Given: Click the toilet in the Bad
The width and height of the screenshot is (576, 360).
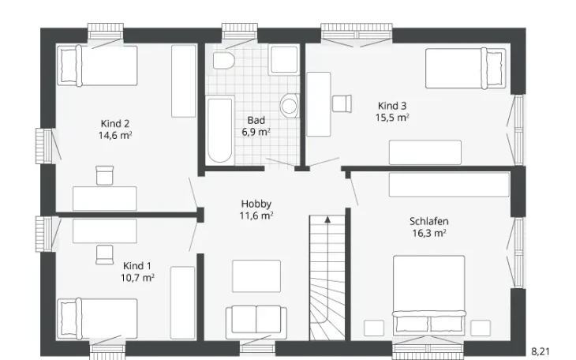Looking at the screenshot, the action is coord(224,60).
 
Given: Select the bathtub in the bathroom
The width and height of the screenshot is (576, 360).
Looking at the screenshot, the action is coord(219,129).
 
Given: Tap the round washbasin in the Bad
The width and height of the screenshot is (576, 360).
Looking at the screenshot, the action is coord(290,107).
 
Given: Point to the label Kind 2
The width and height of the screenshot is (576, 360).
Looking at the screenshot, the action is coord(115,124).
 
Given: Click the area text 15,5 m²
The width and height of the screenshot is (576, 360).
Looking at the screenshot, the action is coord(392,118).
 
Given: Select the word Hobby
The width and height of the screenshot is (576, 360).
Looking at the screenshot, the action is coord(256,204).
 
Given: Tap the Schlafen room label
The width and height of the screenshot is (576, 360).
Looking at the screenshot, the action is coord(429,221).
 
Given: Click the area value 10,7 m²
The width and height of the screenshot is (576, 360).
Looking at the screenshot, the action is coord(137,278).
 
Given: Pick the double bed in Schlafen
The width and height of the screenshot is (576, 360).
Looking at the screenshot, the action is coord(428,295).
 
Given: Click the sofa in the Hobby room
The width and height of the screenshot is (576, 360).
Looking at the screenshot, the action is coord(256,322).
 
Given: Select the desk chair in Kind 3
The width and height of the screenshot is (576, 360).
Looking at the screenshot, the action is coord(342,103).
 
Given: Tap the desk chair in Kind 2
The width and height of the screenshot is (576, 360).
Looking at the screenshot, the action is coord(105,175).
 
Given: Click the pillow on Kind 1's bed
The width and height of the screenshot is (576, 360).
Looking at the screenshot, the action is coord(68,318).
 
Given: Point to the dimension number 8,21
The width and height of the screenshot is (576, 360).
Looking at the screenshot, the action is coord(540,352).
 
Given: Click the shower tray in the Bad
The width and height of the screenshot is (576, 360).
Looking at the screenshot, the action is coord(284,59).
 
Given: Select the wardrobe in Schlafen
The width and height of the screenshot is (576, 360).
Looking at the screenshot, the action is coord(449,185).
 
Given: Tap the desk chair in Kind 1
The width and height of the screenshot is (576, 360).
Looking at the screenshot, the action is coord(104,254).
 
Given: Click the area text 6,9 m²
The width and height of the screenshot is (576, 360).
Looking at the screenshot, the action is coord(256,132).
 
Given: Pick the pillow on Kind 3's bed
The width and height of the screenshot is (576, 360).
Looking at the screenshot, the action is coord(494,69).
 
